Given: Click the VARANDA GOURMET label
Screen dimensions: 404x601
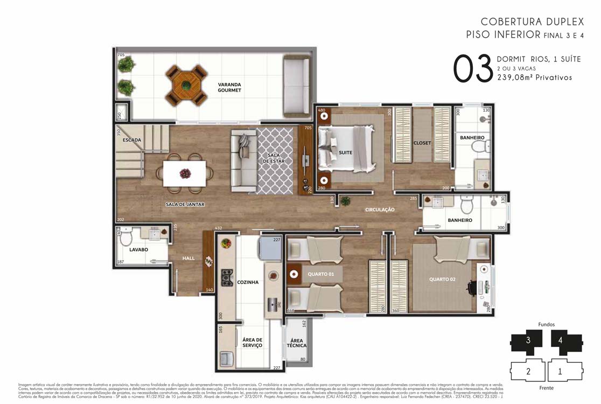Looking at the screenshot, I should tap(229, 87).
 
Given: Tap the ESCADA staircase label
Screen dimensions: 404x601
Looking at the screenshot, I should tap(131, 140).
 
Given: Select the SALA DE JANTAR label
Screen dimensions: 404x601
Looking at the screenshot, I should tap(185, 205).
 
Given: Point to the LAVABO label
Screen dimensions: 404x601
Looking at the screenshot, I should tap(138, 250).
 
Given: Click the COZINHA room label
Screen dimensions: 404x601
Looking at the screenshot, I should tap(248, 282).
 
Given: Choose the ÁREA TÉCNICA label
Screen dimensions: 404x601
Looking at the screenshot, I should tap(296, 343).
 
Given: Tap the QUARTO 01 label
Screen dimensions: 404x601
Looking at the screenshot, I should tap(321, 274).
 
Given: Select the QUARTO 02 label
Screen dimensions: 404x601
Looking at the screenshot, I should tap(442, 280).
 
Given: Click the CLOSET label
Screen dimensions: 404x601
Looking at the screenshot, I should tap(422, 143).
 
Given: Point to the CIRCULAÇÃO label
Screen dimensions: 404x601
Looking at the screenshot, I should tap(380, 209).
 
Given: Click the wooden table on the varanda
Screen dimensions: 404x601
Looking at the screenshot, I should tap(186, 85).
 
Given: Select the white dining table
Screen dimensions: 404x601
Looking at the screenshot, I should tap(185, 173).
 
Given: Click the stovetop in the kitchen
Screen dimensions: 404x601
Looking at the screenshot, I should tap(227, 278).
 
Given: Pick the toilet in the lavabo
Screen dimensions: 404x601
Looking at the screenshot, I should tap(125, 237).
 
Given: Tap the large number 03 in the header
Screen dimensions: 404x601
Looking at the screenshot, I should tap(473, 69).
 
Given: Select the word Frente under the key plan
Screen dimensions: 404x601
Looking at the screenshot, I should tap(546, 388).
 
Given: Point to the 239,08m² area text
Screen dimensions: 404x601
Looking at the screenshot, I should tap(534, 78).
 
